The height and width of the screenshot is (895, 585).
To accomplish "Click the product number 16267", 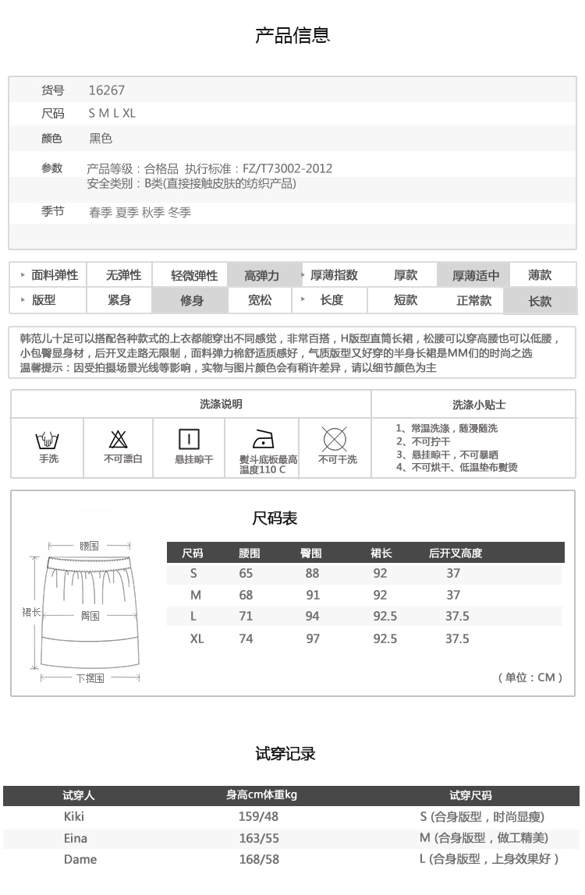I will pyautogui.click(x=107, y=90).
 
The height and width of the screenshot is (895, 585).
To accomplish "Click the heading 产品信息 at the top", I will pyautogui.click(x=292, y=35).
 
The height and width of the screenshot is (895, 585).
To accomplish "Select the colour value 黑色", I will pyautogui.click(x=101, y=139).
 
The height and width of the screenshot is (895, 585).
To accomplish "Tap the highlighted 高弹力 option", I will pyautogui.click(x=261, y=275).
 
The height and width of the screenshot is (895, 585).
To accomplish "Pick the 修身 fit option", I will pyautogui.click(x=192, y=300).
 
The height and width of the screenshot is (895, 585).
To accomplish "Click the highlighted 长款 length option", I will pyautogui.click(x=540, y=300).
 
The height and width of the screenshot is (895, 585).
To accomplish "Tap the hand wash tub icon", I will pyautogui.click(x=48, y=440).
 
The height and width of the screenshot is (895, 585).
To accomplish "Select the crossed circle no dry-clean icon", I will pyautogui.click(x=335, y=440).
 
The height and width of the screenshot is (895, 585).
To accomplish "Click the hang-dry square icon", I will pyautogui.click(x=190, y=440).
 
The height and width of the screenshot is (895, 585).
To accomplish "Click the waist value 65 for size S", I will pyautogui.click(x=246, y=573).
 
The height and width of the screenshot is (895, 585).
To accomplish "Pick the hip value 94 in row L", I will pyautogui.click(x=313, y=616).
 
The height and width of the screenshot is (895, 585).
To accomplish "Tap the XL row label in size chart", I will pyautogui.click(x=197, y=639).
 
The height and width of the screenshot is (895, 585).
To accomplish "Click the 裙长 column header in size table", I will pyautogui.click(x=381, y=554).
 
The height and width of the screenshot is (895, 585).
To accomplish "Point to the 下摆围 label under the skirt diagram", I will pyautogui.click(x=90, y=678).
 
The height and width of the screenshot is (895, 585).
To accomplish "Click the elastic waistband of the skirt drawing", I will pyautogui.click(x=89, y=562).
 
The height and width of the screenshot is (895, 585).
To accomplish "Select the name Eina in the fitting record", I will pyautogui.click(x=76, y=838).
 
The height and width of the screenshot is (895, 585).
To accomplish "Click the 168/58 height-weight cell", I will pyautogui.click(x=259, y=859).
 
